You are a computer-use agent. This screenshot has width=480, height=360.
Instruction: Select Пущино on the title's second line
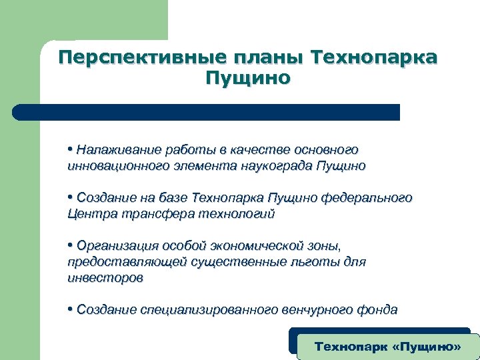click(x=248, y=79)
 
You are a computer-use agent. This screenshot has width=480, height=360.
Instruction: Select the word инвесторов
click(x=105, y=278)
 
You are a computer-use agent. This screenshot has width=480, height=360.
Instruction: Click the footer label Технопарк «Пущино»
click(x=387, y=347)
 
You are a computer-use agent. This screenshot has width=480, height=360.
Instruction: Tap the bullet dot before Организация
click(x=70, y=245)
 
